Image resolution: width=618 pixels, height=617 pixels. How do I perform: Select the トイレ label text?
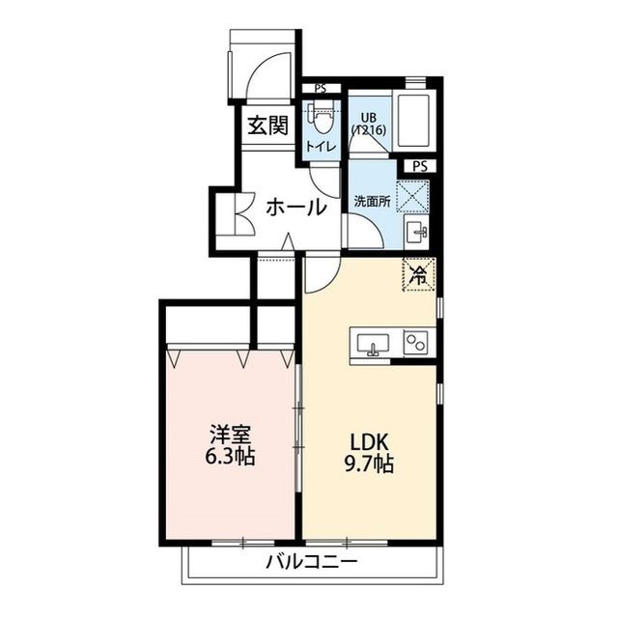[x=321, y=146]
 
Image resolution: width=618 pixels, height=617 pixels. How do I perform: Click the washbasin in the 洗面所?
[x=418, y=232]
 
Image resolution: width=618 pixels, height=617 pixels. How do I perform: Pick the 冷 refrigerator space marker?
[x=419, y=274]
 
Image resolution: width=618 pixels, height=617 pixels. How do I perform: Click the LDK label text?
[x=369, y=441]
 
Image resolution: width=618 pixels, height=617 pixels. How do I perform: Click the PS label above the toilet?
[x=320, y=87]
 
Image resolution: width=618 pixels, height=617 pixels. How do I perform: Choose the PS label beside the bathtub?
[x=419, y=166]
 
